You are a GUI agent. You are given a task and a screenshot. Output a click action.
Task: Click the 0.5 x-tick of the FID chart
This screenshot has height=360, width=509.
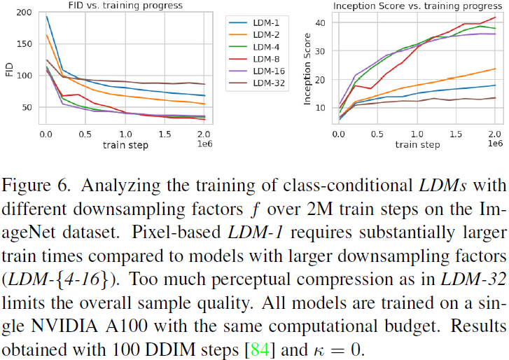[x=85, y=133]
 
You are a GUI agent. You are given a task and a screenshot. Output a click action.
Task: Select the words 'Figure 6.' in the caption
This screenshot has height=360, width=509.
[x=34, y=169]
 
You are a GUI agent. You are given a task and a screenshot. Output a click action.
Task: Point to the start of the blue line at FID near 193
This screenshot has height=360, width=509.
[x=46, y=16]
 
